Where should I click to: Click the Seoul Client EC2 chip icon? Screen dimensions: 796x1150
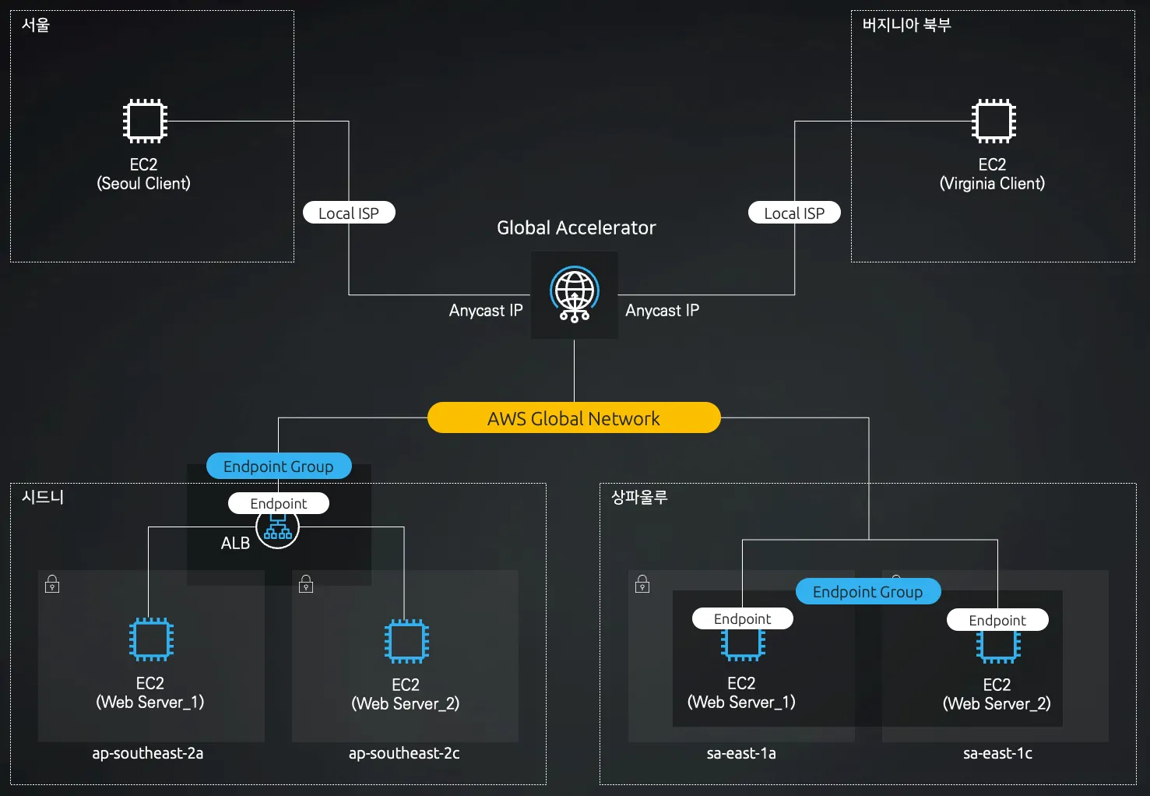(x=145, y=121)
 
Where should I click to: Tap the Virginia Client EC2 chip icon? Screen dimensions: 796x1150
(x=994, y=121)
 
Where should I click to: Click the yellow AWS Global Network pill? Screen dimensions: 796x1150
(x=574, y=418)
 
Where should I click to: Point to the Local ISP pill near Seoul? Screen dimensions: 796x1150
(x=349, y=213)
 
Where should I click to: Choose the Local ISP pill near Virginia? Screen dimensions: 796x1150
(x=794, y=213)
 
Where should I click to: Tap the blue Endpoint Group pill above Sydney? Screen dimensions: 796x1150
(x=279, y=466)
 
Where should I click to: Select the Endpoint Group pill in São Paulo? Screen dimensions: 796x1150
(x=867, y=591)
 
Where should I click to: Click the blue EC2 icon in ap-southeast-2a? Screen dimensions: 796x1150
(x=151, y=639)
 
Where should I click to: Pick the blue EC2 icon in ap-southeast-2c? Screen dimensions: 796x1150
(x=406, y=641)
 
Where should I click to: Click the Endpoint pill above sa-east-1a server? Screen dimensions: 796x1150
(x=742, y=618)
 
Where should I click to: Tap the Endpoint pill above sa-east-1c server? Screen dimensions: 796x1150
(x=997, y=620)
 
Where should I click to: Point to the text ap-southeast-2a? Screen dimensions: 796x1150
(x=148, y=753)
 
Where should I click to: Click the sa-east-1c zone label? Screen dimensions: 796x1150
(x=997, y=753)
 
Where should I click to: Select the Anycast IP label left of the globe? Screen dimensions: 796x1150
(x=486, y=310)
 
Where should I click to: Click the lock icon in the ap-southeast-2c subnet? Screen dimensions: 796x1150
(x=306, y=584)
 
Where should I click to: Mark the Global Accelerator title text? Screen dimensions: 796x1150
(x=576, y=227)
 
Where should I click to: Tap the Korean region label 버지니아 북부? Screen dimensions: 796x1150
(x=906, y=25)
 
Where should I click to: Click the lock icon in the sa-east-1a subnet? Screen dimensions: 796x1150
(x=642, y=584)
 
